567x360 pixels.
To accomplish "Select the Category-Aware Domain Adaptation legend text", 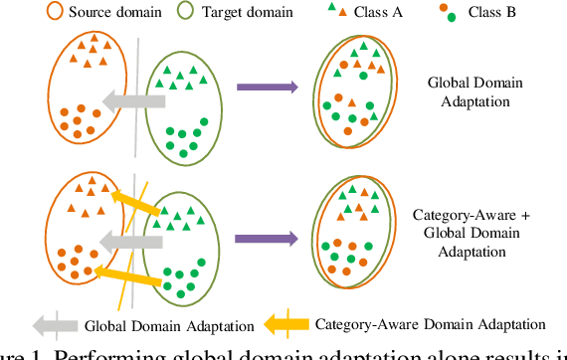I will tap(430, 324).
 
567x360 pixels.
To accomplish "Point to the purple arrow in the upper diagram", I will tap(267, 88).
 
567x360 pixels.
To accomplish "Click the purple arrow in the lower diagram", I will tap(267, 239).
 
